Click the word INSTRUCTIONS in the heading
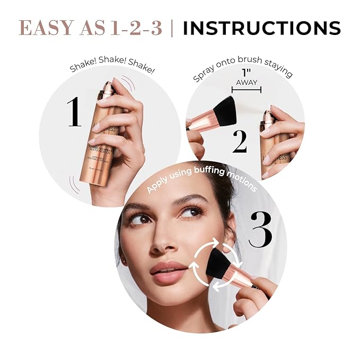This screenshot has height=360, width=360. [x=261, y=28]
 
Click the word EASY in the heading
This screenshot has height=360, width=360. [x=43, y=28]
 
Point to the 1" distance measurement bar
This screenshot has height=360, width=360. [x=247, y=90]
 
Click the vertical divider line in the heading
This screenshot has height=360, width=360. [x=171, y=28]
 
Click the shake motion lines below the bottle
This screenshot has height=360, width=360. [x=71, y=185]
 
